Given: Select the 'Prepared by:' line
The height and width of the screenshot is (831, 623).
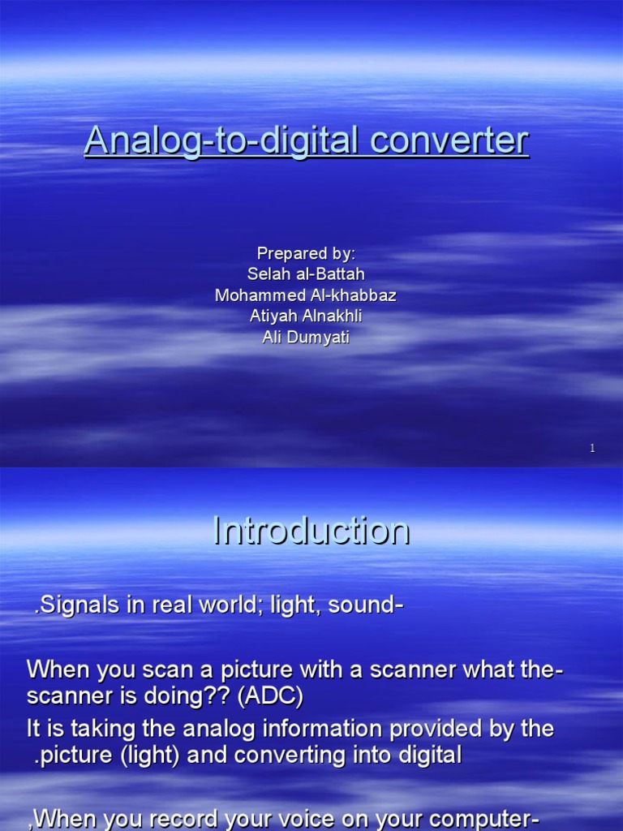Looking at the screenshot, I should point(306,254).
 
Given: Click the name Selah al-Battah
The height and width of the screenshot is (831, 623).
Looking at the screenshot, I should point(306,275).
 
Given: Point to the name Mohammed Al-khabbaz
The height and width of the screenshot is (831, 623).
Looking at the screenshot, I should point(306,295).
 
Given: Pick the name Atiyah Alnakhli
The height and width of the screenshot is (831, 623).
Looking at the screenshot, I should point(306,316).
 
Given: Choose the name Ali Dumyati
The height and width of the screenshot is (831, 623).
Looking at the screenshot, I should point(306,338).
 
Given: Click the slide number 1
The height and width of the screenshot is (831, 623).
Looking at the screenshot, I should point(593,448).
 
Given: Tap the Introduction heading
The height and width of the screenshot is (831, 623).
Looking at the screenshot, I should point(311,531).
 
